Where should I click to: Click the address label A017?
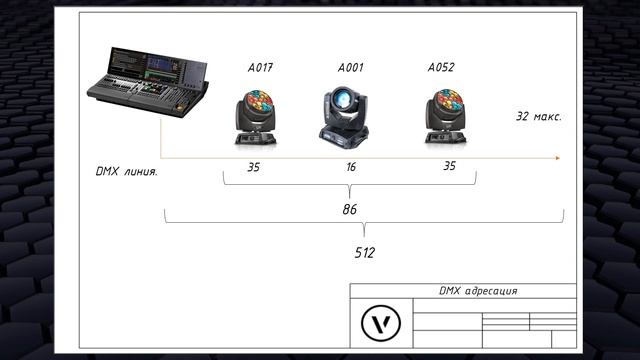pyautogui.click(x=260, y=68)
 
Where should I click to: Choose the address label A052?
pyautogui.click(x=441, y=68)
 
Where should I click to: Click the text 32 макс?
pyautogui.click(x=538, y=116)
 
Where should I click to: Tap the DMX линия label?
pyautogui.click(x=126, y=172)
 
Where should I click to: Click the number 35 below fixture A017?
pyautogui.click(x=253, y=167)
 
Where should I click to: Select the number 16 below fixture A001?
pyautogui.click(x=350, y=167)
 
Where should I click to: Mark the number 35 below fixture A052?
pyautogui.click(x=449, y=166)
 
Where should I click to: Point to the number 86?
pyautogui.click(x=349, y=209)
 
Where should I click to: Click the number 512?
pyautogui.click(x=364, y=253)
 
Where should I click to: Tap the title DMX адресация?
pyautogui.click(x=478, y=291)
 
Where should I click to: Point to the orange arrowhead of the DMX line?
pyautogui.click(x=556, y=157)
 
